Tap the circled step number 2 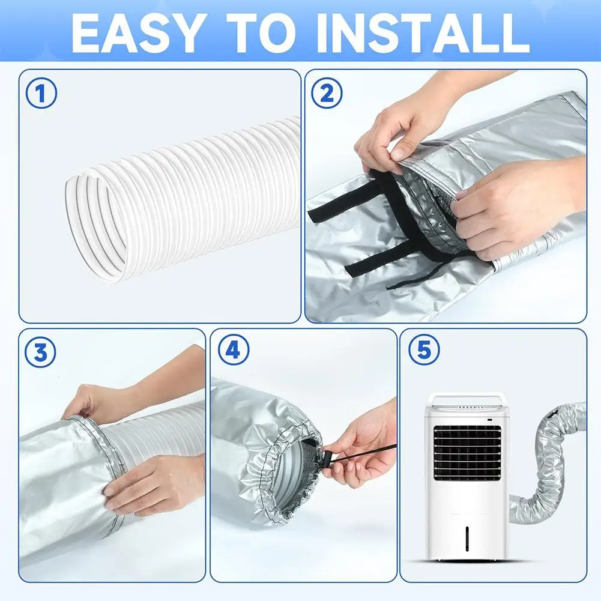click(x=327, y=94)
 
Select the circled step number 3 click(x=41, y=354)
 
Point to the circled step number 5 click(x=424, y=351)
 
